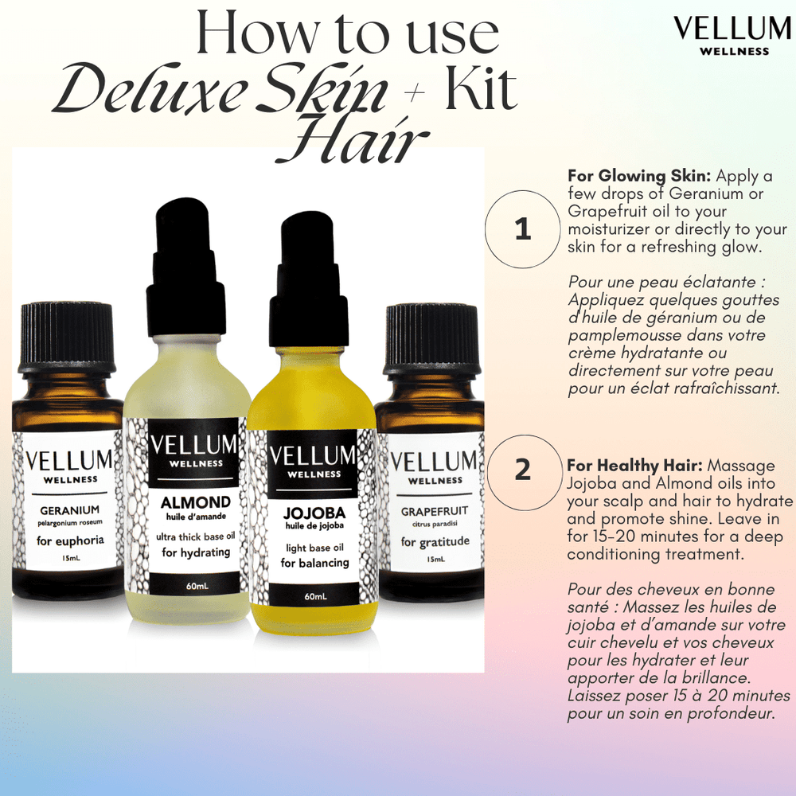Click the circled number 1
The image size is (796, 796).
522,229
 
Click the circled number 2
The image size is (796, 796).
522,470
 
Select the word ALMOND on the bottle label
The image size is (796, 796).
195,502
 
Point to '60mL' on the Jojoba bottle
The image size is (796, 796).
313,596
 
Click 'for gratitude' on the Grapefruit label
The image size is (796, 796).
435,542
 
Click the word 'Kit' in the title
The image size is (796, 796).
480,89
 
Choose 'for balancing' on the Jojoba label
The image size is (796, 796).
314,563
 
